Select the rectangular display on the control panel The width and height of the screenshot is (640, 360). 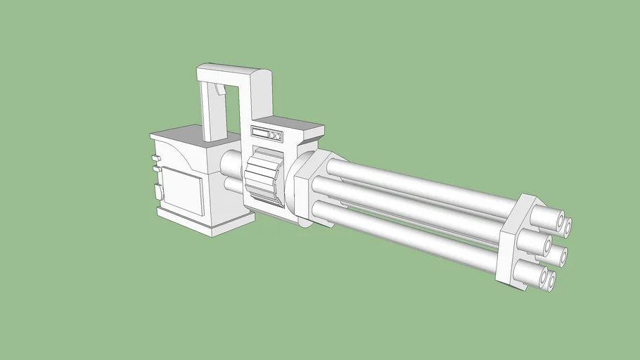point(260,133)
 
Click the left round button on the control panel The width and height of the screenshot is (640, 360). point(273,135)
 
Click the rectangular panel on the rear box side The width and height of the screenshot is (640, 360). point(182,191)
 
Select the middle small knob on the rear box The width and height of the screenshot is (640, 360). point(156,169)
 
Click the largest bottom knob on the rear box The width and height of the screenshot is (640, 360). point(158,191)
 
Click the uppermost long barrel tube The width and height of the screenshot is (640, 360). point(422,183)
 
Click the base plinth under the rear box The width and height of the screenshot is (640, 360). point(211,225)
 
